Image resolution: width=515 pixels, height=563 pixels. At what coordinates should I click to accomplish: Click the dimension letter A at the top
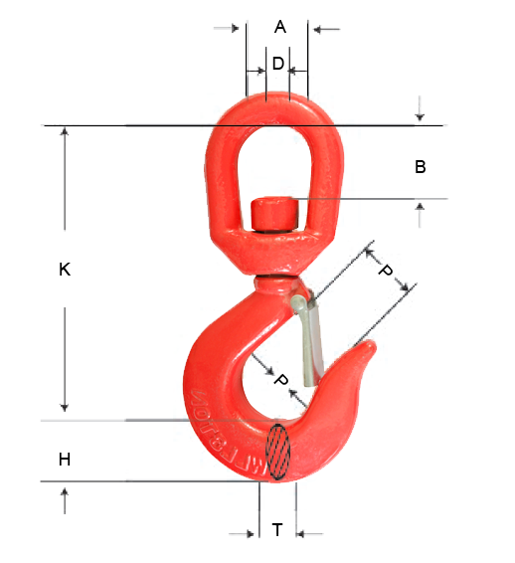tap(279, 28)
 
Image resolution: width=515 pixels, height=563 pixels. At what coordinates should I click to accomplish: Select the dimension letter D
tap(278, 64)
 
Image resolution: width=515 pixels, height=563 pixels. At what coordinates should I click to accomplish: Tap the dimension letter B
tap(421, 167)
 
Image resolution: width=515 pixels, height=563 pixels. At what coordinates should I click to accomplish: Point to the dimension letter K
tap(65, 269)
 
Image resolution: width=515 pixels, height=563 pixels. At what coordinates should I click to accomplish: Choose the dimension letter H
tap(65, 460)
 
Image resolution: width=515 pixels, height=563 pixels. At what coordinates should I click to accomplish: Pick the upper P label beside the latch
tap(386, 271)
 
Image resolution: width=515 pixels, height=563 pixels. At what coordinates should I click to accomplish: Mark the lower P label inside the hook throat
tap(280, 381)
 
